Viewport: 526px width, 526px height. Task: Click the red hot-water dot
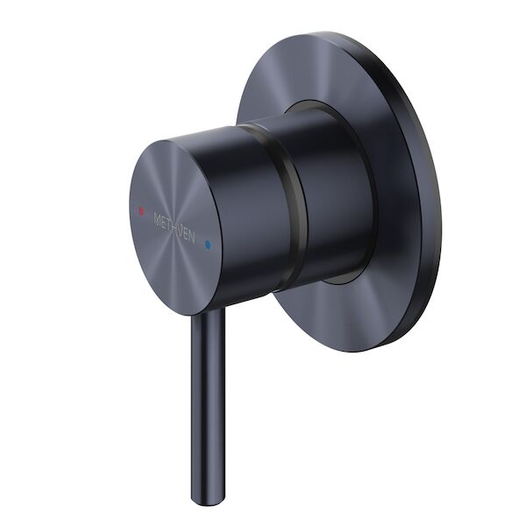[139, 212]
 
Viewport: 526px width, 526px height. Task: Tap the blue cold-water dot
[208, 246]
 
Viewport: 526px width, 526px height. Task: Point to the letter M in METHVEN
[156, 217]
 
